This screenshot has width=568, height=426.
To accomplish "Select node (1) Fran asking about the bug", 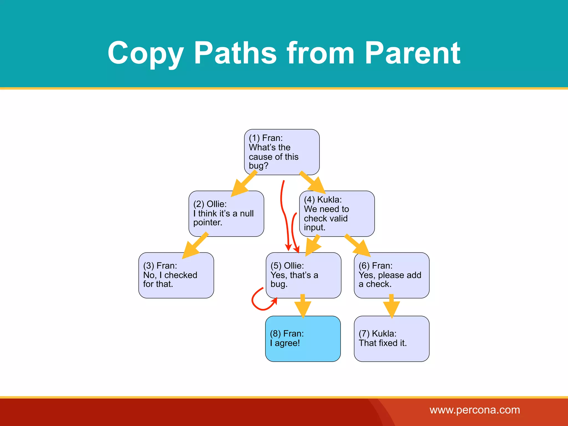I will click(282, 152).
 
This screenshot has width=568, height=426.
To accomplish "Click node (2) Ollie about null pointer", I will click(226, 214).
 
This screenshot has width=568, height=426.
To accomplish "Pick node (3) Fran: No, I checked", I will click(176, 275).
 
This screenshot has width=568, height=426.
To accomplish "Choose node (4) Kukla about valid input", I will click(337, 214).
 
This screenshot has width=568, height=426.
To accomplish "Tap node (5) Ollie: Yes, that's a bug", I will click(303, 275).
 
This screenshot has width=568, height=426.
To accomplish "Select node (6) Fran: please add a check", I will click(391, 275).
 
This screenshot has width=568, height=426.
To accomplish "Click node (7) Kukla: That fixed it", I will click(391, 339).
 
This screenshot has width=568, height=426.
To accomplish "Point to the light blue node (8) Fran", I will click(303, 339).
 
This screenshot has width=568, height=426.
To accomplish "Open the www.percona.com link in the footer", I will click(475, 410).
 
